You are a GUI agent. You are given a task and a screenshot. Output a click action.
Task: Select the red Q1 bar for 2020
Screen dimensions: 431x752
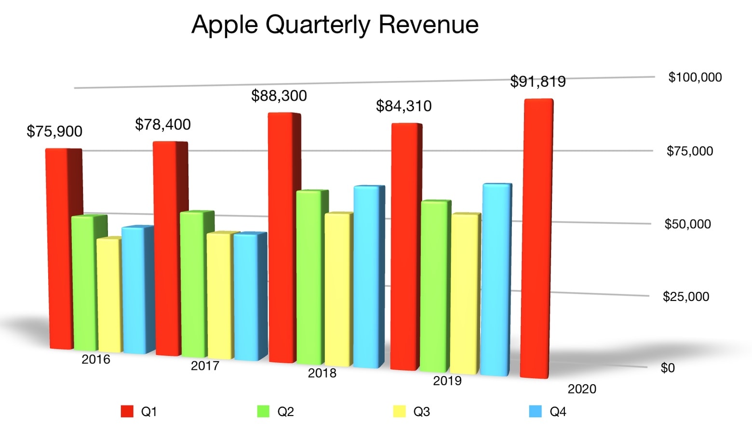(537, 238)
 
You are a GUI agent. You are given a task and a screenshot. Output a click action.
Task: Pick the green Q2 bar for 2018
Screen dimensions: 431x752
(309, 277)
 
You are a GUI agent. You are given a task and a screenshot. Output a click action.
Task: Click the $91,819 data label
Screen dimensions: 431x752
(537, 82)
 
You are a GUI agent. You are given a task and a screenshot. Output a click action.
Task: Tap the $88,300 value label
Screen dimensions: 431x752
(279, 96)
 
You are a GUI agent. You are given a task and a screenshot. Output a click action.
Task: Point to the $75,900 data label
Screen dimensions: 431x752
(54, 131)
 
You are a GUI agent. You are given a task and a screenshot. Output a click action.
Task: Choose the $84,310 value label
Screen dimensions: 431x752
(403, 106)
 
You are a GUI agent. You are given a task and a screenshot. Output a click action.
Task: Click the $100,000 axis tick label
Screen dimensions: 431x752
(695, 78)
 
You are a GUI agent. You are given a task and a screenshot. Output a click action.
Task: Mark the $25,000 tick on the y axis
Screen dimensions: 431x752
(685, 297)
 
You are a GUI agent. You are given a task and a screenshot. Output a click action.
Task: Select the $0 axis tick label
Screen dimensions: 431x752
(668, 368)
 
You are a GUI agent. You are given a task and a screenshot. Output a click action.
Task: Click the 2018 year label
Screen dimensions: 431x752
(322, 373)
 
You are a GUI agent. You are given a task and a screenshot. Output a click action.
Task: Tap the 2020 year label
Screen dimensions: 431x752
(582, 389)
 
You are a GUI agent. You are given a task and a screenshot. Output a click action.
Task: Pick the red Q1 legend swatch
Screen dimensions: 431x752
(127, 411)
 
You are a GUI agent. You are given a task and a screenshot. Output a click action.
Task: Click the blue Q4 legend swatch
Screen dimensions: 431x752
(535, 411)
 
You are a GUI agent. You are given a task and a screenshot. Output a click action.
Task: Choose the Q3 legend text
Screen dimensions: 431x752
(421, 412)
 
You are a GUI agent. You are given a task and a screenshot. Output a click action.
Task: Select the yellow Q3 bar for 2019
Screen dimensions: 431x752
(465, 294)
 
